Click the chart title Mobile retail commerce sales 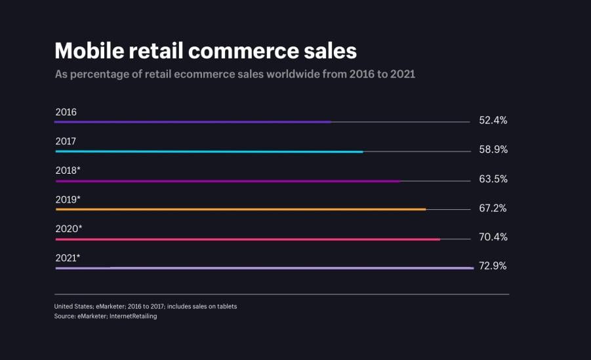pos(205,50)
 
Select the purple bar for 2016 pos(193,122)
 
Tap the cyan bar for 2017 pos(209,151)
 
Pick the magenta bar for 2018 pos(228,181)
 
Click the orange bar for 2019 pos(240,210)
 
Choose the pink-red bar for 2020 pos(247,239)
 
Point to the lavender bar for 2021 pos(264,268)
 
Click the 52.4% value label pos(493,121)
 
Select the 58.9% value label pos(493,150)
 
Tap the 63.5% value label pos(493,179)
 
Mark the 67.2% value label pos(493,209)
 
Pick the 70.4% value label pos(493,237)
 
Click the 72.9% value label pos(493,266)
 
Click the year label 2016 pos(66,112)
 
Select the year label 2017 pos(66,141)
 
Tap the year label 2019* pos(68,199)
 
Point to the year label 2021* pos(68,258)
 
